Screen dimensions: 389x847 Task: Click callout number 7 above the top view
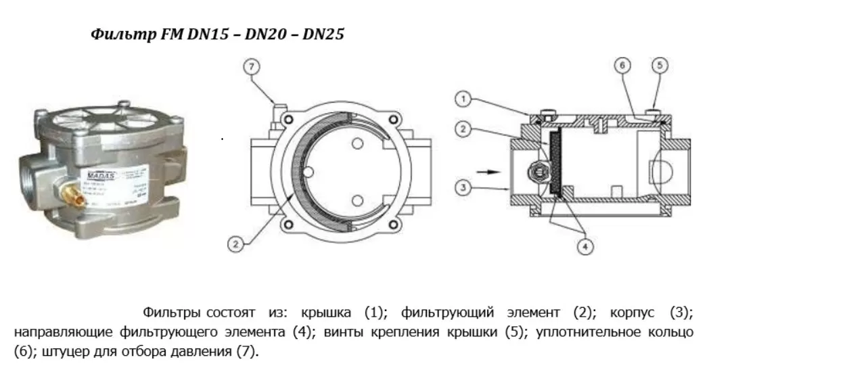(252, 67)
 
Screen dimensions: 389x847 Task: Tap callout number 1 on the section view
(462, 100)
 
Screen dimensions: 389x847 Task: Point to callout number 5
(660, 66)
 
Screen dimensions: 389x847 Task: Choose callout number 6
(622, 66)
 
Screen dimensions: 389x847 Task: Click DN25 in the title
(323, 35)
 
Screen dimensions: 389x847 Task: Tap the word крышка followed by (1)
(327, 313)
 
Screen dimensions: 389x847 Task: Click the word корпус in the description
(633, 313)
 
